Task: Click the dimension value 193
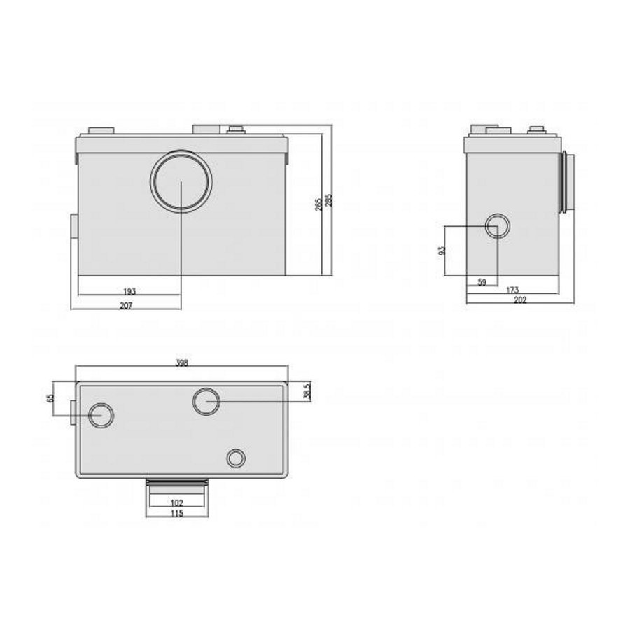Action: (x=129, y=290)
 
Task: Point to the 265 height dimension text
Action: (x=318, y=204)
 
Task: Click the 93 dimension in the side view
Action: (x=442, y=251)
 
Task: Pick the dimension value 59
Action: (x=482, y=283)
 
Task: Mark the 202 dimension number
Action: (x=520, y=300)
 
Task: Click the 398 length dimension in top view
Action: (x=182, y=363)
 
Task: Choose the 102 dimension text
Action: (x=176, y=503)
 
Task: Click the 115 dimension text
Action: (x=176, y=513)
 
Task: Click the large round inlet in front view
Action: (x=181, y=181)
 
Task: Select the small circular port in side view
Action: (x=497, y=227)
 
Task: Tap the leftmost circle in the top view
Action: (x=101, y=415)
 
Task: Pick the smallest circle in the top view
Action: (x=236, y=458)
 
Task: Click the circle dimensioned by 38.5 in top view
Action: (x=206, y=402)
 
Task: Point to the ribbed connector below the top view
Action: (x=176, y=483)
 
